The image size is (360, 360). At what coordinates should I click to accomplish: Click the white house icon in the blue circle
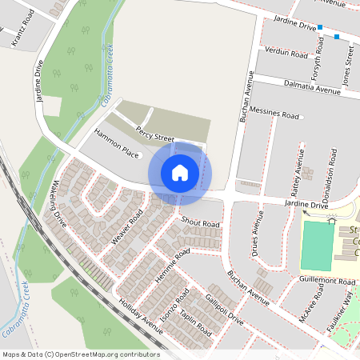(180, 172)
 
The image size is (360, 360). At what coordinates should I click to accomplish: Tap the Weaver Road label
(127, 227)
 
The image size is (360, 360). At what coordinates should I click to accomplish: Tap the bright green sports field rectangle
(317, 246)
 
